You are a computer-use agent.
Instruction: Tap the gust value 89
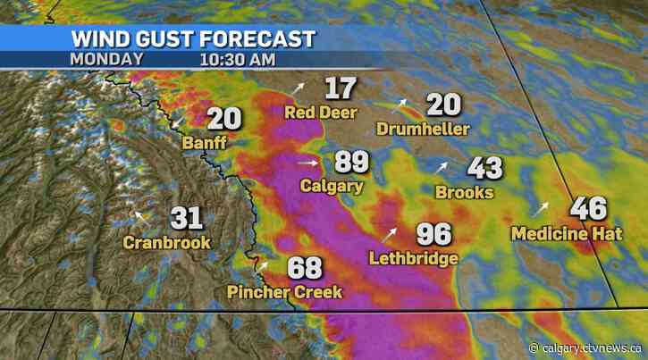(x=352, y=163)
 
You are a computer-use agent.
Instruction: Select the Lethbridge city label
(x=413, y=258)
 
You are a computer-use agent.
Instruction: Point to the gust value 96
(x=433, y=234)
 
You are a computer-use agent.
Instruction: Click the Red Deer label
(x=321, y=113)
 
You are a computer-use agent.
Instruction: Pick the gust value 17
(x=341, y=88)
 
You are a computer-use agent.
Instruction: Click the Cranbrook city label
(x=167, y=241)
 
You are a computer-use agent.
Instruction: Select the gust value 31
(x=188, y=217)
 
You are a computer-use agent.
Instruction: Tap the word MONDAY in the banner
(x=105, y=59)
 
